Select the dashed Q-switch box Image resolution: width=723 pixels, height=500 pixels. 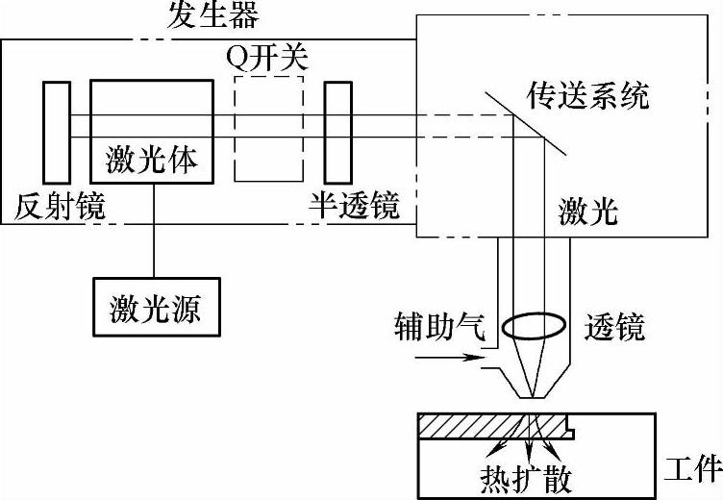point(267,129)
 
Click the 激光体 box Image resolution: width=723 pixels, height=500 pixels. point(152,130)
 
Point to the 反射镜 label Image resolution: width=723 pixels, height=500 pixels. point(60,206)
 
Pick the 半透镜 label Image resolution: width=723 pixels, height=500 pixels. point(354,206)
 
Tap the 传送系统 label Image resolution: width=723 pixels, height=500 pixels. point(587,95)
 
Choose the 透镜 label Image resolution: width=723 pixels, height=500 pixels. point(614,328)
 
